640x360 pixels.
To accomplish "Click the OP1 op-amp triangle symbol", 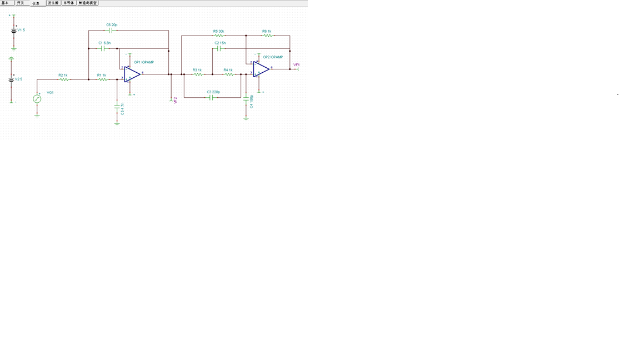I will point(132,74).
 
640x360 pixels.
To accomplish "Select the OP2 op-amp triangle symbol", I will point(261,69).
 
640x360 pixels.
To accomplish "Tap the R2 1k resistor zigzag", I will point(64,79).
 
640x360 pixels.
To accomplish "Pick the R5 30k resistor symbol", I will point(218,36).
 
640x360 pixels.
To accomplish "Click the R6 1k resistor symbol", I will point(267,36).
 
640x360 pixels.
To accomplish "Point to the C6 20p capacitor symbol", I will point(111,31).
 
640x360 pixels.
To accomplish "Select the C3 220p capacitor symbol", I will point(211,97).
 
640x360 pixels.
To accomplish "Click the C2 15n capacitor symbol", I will point(219,48).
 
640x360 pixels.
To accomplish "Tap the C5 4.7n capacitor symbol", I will point(117,107).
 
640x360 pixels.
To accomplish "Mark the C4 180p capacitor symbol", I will point(246,101).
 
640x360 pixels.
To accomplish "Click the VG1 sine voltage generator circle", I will point(37,99).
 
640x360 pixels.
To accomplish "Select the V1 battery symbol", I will point(14,31).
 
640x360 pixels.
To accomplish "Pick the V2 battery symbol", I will point(11,80).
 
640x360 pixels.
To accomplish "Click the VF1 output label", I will point(296,65).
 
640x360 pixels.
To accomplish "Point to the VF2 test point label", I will point(175,101).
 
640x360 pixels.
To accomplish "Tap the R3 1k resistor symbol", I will point(198,74).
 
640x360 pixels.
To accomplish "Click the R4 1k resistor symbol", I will point(228,74).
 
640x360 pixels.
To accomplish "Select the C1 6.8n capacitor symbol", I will point(103,48).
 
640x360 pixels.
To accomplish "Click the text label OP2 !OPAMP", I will point(273,57).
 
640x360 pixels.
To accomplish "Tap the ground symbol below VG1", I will point(37,116).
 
